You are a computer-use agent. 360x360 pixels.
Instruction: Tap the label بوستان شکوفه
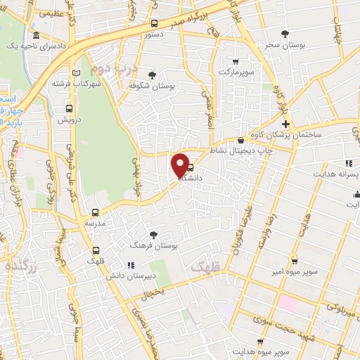pos(153,85)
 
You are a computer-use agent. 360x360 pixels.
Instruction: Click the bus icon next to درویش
pos(69,108)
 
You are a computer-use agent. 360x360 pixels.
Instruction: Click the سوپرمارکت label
pos(235,72)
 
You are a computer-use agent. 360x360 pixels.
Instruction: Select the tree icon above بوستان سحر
pos(284,34)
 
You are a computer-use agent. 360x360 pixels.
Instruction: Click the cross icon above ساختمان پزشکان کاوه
pos(285,124)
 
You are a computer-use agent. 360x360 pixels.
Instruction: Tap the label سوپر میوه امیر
pos(297,271)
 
